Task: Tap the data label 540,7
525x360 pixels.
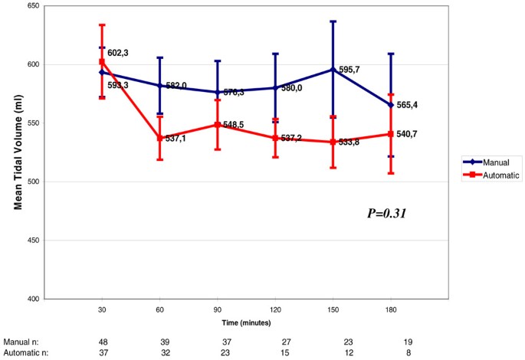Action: click(408, 134)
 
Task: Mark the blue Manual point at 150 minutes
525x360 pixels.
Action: click(332, 70)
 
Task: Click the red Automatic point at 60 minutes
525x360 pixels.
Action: click(159, 138)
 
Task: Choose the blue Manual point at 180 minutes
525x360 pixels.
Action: click(390, 105)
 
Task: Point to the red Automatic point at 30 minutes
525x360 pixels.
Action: click(102, 62)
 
